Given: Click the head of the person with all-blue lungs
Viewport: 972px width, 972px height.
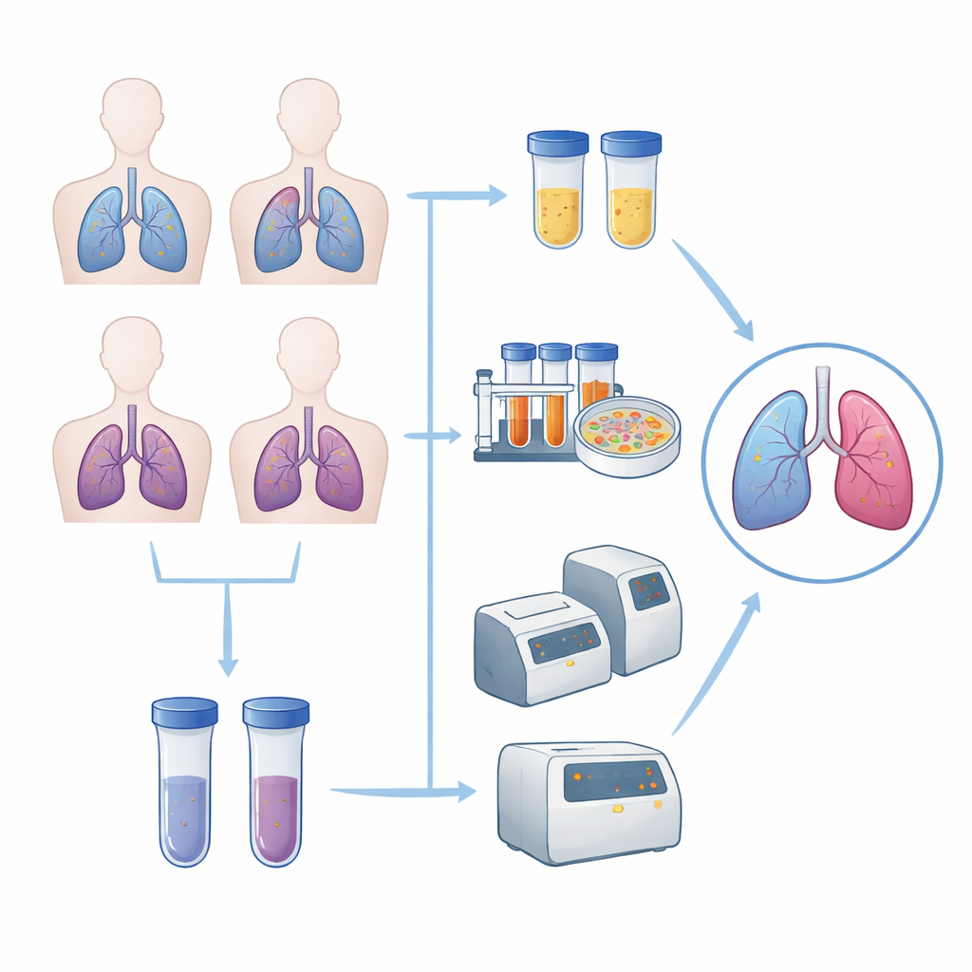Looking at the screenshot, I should pos(132,112).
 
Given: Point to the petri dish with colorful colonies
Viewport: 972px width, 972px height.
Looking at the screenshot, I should pos(627,436).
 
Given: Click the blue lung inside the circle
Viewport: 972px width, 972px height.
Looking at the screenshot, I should pos(771,461).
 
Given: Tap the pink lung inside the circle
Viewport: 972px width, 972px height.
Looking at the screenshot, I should pos(872,461).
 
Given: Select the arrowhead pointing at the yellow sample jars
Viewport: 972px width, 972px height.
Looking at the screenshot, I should pos(496,196).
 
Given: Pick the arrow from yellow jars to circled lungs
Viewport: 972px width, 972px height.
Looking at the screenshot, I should pos(712,290).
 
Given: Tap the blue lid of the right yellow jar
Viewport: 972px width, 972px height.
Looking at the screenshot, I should pos(631,143).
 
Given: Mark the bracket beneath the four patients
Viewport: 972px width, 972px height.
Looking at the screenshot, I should pos(226,573).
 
